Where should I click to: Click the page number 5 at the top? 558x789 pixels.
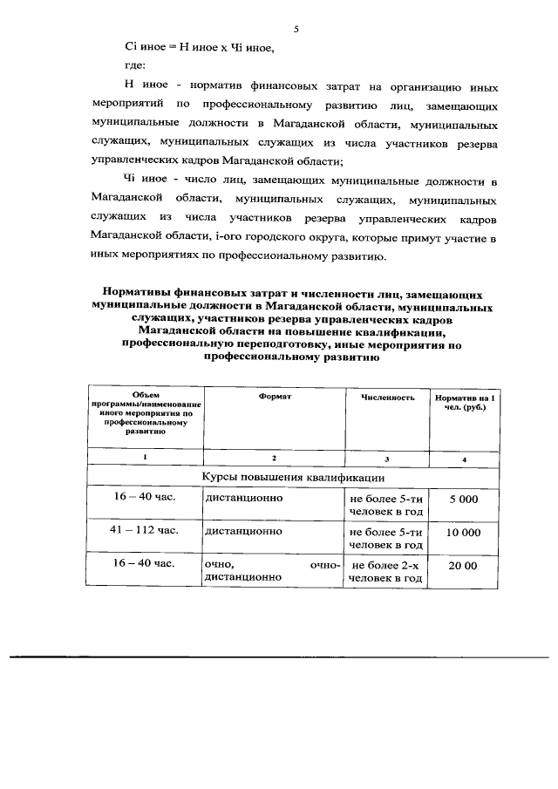point(296,30)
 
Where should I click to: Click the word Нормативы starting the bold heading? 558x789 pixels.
point(139,296)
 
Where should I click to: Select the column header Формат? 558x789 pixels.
point(274,397)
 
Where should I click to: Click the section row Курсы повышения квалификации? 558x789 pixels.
point(293,477)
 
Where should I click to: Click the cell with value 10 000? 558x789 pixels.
point(464,532)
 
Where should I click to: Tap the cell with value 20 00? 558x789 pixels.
point(464,566)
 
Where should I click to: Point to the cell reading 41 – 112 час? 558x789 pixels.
point(145,529)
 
